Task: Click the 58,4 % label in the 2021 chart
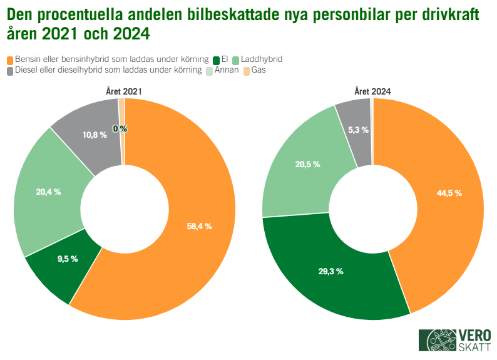199,226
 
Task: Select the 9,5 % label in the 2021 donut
67,259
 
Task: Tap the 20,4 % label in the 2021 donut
48,192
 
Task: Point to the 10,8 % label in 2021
95,135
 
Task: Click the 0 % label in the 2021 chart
120,128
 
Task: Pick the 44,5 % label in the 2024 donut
449,193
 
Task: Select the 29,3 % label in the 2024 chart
330,272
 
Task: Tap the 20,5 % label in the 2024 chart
307,164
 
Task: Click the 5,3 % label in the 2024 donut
358,130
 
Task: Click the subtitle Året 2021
123,91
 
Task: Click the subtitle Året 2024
372,91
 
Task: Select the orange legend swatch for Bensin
9,60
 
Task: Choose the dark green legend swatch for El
216,60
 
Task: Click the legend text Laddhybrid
262,59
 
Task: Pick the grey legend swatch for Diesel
9,71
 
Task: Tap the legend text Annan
226,70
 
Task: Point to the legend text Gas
259,70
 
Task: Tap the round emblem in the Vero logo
438,340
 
